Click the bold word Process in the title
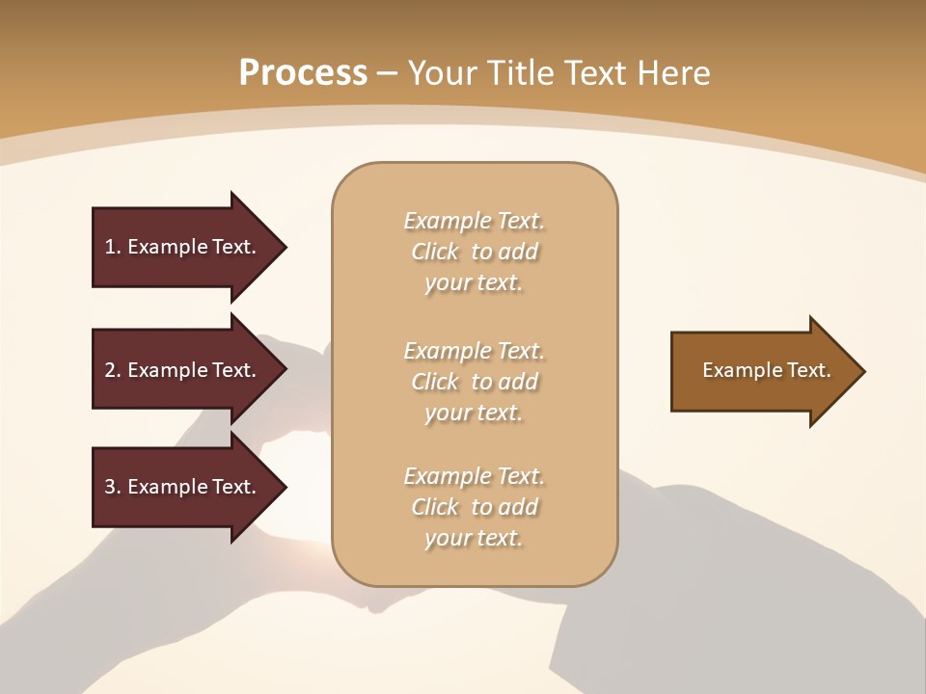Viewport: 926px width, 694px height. point(303,73)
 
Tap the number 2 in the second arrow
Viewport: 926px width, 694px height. point(110,370)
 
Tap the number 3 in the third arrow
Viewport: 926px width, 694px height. point(110,487)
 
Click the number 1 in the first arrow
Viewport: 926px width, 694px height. point(110,247)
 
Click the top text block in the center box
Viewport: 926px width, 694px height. point(475,252)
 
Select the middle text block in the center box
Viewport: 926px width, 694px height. point(475,382)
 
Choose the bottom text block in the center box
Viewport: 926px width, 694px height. point(475,507)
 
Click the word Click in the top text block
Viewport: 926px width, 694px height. point(435,252)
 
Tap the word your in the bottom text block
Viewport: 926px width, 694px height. point(447,539)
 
